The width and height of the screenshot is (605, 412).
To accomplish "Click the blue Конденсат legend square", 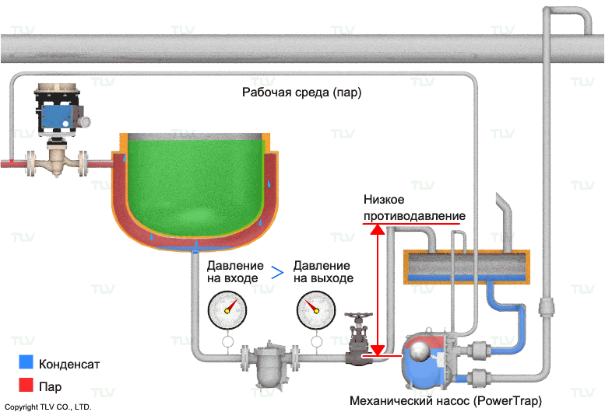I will tap(26, 363).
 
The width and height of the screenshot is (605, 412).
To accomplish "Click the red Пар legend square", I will tap(26, 384).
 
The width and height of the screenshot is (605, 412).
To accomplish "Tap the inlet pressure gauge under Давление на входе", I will tap(227, 309).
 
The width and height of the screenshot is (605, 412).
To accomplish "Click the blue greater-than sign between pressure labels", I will tap(277, 272).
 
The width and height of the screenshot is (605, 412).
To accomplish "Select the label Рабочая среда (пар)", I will tap(302, 93).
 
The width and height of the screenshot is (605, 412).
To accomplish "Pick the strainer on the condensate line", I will tap(269, 363).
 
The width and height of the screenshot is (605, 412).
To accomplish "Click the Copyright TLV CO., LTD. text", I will tap(48, 407).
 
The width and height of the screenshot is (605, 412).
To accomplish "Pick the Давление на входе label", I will tap(235, 271).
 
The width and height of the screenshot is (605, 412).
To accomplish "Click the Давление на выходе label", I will tap(323, 271).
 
